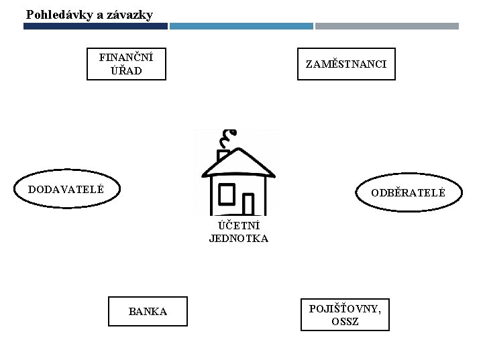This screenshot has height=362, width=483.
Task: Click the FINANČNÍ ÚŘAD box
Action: [126, 64]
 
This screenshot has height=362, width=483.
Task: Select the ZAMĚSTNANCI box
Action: [346, 64]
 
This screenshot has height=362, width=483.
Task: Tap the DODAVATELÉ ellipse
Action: [66, 190]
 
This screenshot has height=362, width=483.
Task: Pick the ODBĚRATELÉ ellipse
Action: [409, 193]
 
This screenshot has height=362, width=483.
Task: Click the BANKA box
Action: [148, 311]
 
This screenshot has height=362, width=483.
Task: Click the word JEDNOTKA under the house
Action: [238, 239]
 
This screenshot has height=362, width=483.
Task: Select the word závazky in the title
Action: [129, 14]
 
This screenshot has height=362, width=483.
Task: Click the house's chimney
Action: [224, 156]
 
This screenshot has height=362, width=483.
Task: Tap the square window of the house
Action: [226, 194]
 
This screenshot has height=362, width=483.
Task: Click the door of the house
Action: [248, 204]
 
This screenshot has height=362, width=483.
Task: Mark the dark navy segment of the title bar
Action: [95, 26]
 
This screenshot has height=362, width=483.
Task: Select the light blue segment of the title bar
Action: [241, 26]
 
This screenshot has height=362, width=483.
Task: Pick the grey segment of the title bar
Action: [387, 26]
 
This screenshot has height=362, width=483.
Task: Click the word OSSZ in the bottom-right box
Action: [345, 322]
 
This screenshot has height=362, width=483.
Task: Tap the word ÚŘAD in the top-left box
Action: [126, 70]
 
